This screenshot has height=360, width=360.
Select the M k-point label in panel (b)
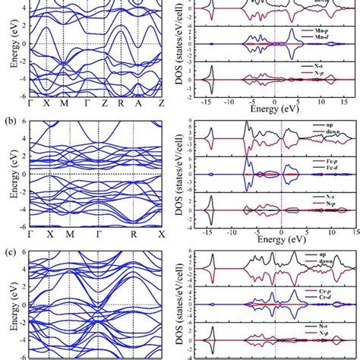[x=70, y=232]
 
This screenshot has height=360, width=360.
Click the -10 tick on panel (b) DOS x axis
[x=229, y=228]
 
